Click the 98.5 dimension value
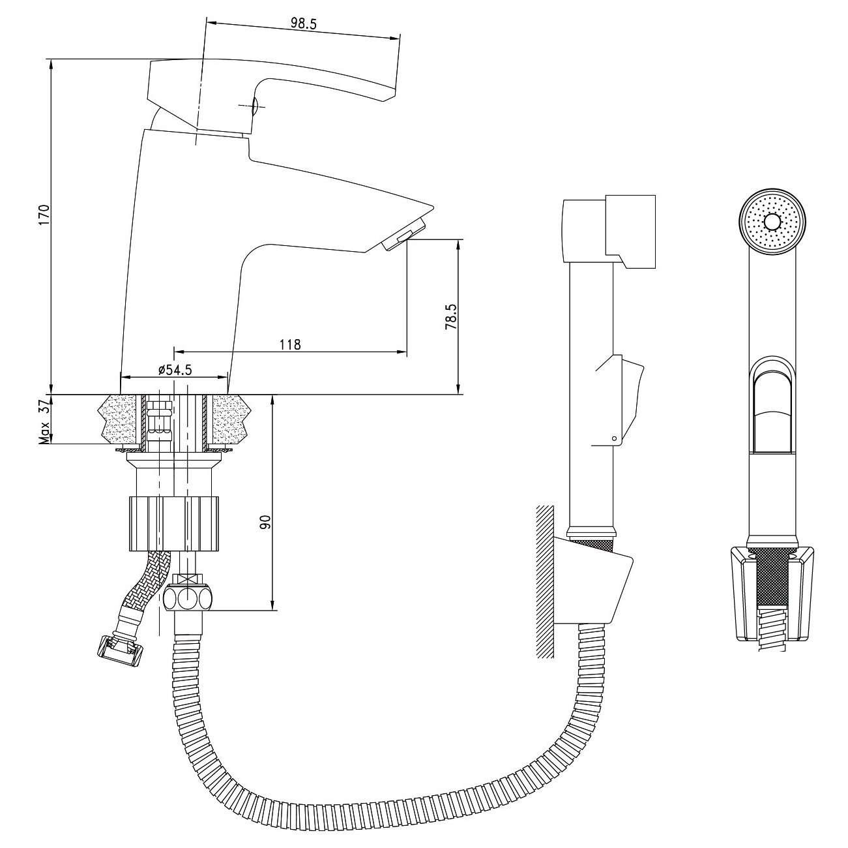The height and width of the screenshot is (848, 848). (303, 23)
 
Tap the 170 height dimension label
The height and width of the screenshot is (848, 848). (44, 215)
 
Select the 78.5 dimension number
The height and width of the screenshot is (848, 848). (450, 317)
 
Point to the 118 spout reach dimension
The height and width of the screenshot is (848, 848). (291, 344)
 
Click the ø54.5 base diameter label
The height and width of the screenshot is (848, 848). (175, 370)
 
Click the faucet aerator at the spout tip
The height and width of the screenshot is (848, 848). (404, 234)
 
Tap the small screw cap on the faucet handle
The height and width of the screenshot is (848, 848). (255, 106)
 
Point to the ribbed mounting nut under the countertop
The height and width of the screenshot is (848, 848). (174, 523)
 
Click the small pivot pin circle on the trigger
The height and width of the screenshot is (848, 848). (615, 438)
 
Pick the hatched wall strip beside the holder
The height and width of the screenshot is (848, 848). (546, 581)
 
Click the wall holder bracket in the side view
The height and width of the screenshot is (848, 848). (593, 581)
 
